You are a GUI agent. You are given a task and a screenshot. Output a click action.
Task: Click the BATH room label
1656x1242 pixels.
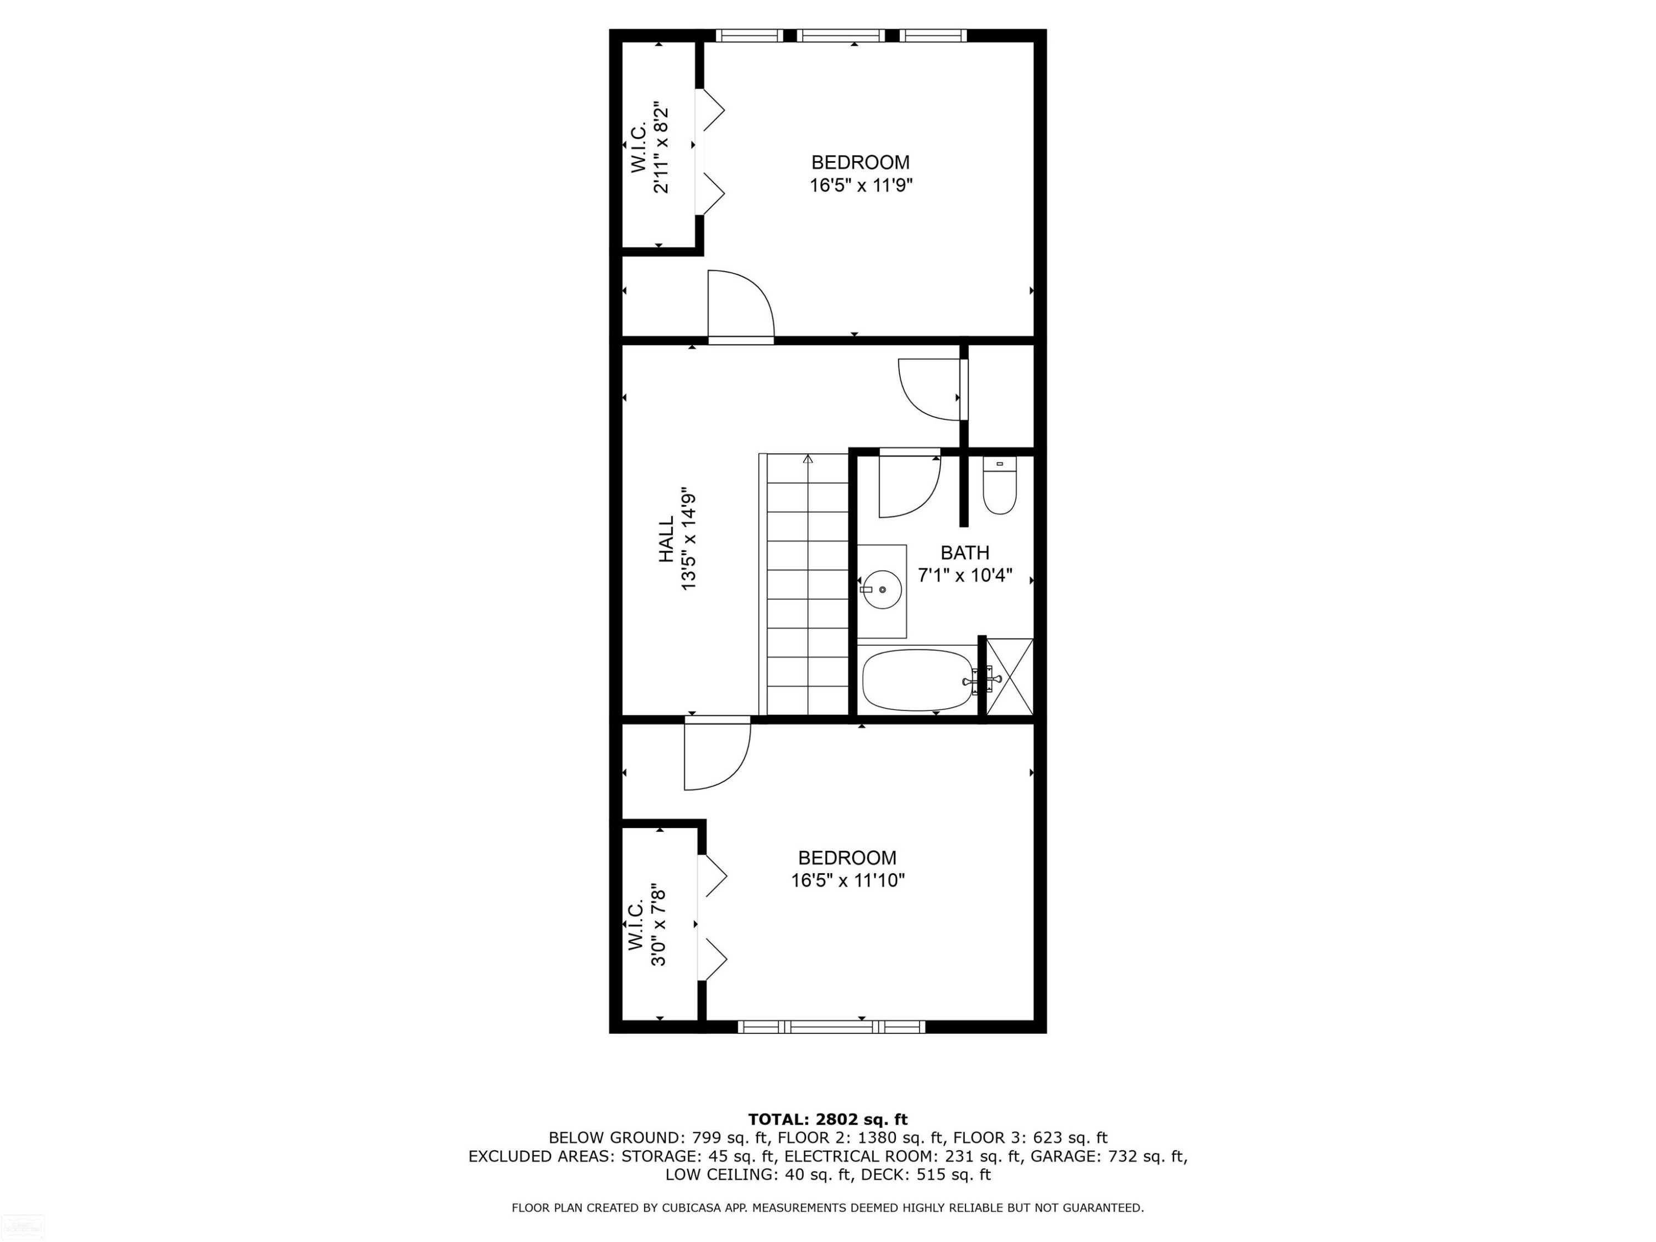[x=965, y=553]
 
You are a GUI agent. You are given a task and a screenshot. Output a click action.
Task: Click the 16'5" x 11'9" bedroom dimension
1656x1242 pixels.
[x=861, y=185]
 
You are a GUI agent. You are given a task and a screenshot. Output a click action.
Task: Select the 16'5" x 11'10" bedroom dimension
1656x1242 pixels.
[x=847, y=880]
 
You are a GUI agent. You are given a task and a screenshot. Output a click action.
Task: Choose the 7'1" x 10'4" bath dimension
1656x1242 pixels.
[x=965, y=575]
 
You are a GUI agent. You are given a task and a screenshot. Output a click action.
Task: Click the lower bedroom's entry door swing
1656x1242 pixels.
[x=717, y=752]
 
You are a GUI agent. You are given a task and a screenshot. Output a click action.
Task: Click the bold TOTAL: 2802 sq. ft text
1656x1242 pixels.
[x=828, y=1119]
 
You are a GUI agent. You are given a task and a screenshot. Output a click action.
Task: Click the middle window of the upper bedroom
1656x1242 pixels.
[x=840, y=35]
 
